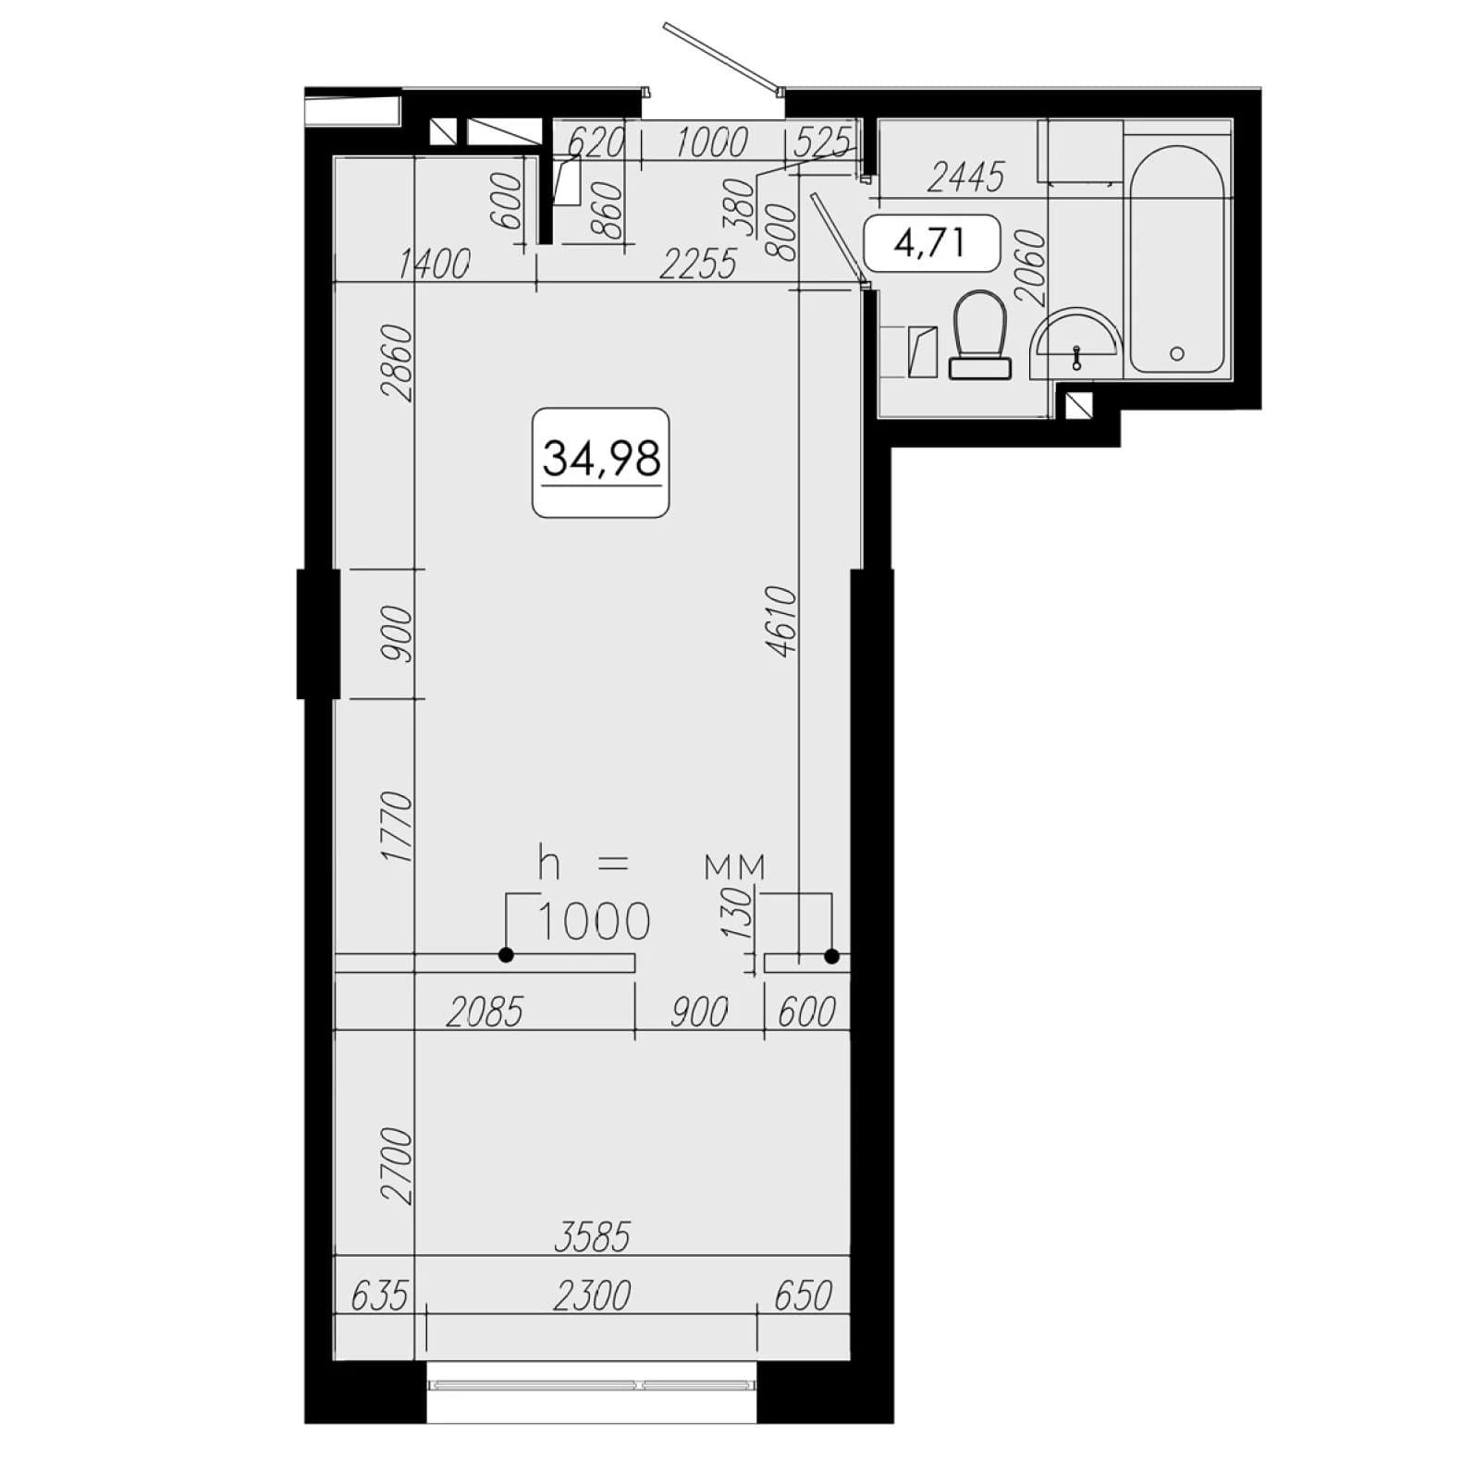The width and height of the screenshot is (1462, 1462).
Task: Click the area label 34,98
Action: [601, 458]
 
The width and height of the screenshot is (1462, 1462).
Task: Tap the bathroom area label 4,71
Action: [930, 242]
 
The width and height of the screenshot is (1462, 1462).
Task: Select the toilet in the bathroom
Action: [980, 335]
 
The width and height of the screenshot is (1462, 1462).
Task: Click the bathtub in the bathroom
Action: [1177, 259]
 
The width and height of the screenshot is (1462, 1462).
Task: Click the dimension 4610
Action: [782, 620]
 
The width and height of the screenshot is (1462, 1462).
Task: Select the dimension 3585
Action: [592, 1236]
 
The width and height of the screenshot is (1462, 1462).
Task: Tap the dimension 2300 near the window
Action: [592, 1296]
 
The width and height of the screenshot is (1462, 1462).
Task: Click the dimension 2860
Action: [396, 362]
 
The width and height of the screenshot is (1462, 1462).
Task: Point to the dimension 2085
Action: [485, 1013]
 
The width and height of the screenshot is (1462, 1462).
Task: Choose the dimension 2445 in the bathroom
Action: [965, 177]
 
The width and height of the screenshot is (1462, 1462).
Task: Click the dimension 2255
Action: [698, 264]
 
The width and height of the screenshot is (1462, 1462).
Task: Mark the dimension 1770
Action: [396, 827]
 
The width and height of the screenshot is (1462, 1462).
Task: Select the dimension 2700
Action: [396, 1165]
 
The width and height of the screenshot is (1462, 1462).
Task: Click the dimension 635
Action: [379, 1296]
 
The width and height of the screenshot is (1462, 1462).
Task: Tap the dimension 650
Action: [803, 1296]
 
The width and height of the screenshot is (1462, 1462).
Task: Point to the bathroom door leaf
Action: [839, 237]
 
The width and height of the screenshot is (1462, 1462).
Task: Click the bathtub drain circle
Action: [1177, 353]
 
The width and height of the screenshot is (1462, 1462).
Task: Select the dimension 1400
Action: [434, 264]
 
